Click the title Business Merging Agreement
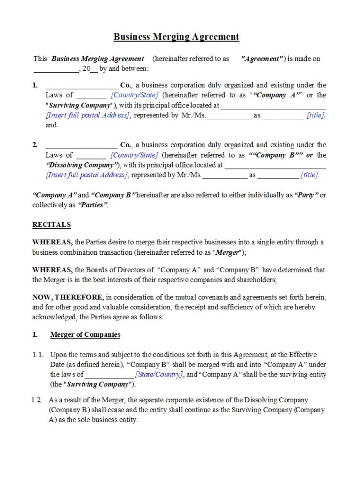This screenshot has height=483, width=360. point(176,37)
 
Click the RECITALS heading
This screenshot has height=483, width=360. point(51,225)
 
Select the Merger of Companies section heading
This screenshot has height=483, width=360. point(85,335)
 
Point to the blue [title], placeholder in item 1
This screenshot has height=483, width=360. point(316,115)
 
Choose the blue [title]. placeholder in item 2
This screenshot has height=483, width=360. point(310,175)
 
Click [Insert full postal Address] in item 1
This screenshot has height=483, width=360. point(88,115)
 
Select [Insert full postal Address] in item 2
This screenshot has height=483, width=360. point(87,175)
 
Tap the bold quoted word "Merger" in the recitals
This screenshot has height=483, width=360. point(227,252)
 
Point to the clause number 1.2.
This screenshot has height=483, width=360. point(37,400)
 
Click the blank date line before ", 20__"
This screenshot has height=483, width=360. point(56,70)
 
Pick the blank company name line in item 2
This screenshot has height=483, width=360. point(81,146)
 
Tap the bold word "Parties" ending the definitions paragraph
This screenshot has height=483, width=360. point(93,205)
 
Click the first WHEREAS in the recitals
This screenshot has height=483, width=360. point(52,242)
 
